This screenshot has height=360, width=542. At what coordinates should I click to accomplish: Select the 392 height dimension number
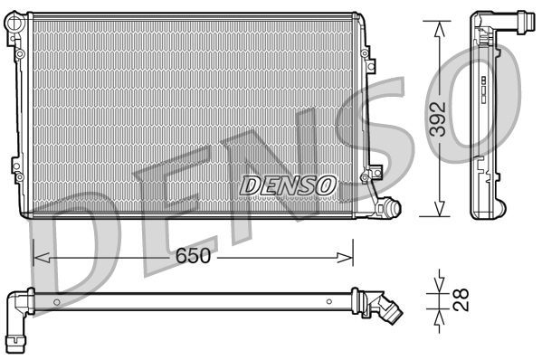point(438,118)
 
